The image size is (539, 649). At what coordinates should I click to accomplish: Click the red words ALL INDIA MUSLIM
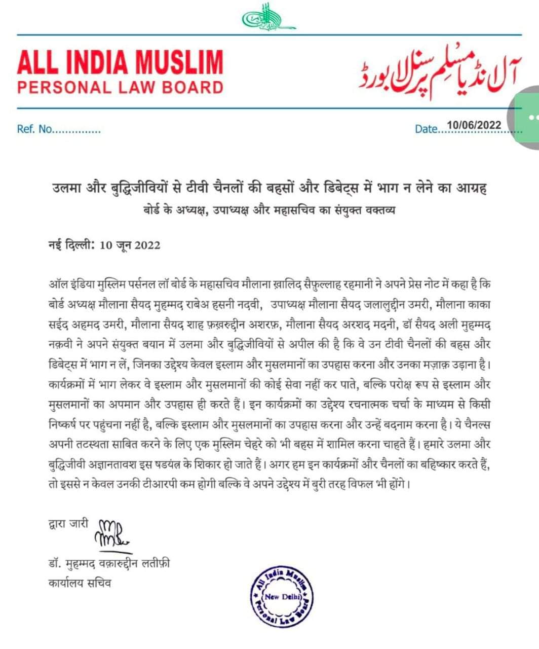[x=120, y=61]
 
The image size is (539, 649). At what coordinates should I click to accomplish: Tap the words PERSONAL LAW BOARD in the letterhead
[x=120, y=87]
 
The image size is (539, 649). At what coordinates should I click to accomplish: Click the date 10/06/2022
[x=471, y=125]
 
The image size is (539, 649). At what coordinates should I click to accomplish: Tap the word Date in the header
[x=425, y=129]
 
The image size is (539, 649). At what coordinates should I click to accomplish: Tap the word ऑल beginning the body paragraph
[x=57, y=285]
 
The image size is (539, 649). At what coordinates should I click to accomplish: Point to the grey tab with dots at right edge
[x=528, y=119]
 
